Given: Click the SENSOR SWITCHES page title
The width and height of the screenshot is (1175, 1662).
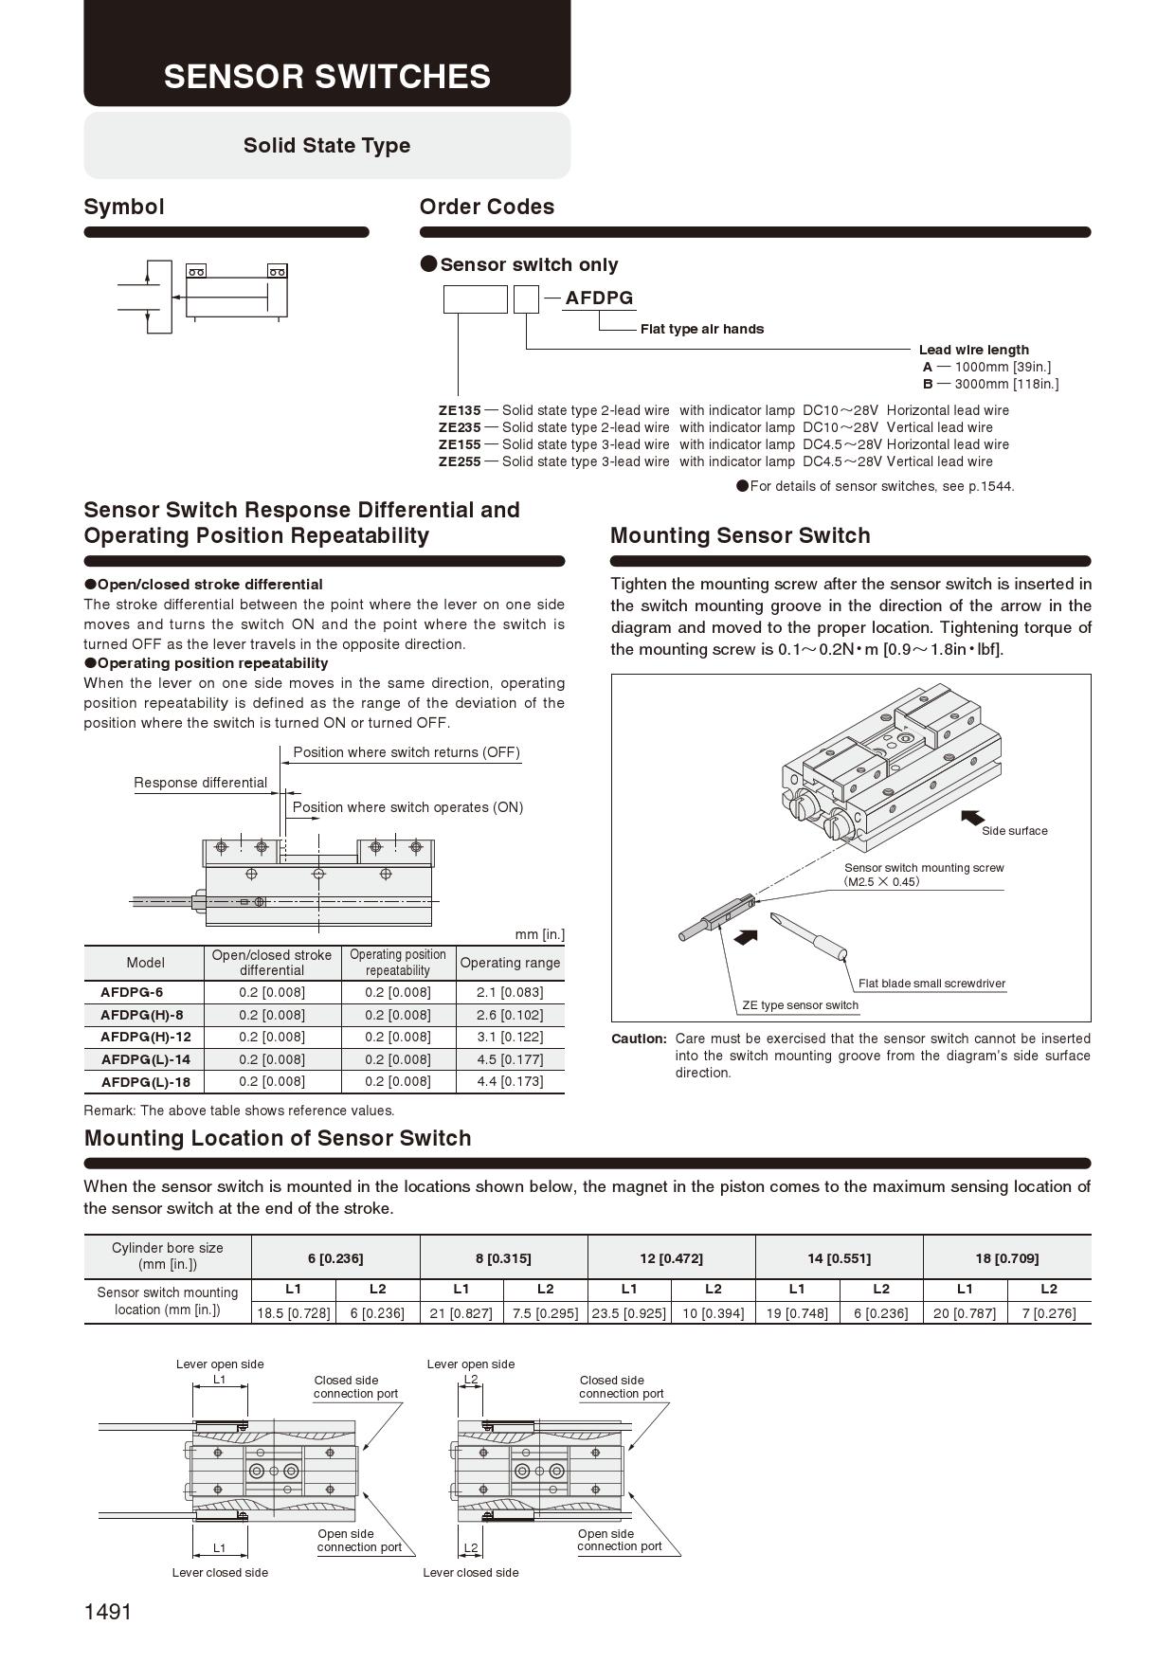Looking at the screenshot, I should (x=327, y=77).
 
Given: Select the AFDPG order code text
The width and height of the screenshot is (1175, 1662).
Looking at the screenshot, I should (x=599, y=298).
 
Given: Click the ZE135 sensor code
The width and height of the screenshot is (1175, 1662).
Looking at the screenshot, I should (x=460, y=410).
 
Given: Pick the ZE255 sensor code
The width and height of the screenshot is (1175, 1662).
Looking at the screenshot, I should (x=460, y=461).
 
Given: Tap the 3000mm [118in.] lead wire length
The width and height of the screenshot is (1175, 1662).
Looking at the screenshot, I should (x=1006, y=384).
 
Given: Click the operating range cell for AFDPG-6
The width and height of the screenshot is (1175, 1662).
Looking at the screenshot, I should (x=510, y=992).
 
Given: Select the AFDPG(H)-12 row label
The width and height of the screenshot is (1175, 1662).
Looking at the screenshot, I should (x=146, y=1037).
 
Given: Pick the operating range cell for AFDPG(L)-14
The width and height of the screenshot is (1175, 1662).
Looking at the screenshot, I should (x=510, y=1059).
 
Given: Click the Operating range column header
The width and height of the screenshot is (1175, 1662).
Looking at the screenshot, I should (x=510, y=963).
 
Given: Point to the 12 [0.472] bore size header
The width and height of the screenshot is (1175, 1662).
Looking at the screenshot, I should (x=671, y=1258).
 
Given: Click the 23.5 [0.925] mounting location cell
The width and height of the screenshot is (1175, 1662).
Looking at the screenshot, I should (x=629, y=1313).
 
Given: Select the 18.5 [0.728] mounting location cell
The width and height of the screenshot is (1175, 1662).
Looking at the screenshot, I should (x=294, y=1313).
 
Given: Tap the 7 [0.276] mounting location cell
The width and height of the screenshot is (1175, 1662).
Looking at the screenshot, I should (x=1049, y=1313).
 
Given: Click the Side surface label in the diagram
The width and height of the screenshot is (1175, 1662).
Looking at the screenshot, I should (x=1014, y=831).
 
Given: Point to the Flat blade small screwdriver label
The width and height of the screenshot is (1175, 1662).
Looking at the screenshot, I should (x=931, y=984).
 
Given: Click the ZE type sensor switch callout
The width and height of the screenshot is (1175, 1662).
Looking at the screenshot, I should (x=800, y=1005).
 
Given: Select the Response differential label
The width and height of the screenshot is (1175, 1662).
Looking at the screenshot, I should (x=201, y=783).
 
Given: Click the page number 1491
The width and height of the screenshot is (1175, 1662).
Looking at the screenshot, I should (x=108, y=1612).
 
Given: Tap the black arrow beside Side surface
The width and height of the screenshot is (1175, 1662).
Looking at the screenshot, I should (x=972, y=817).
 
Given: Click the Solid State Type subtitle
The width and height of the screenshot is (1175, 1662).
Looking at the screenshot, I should (x=327, y=146).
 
